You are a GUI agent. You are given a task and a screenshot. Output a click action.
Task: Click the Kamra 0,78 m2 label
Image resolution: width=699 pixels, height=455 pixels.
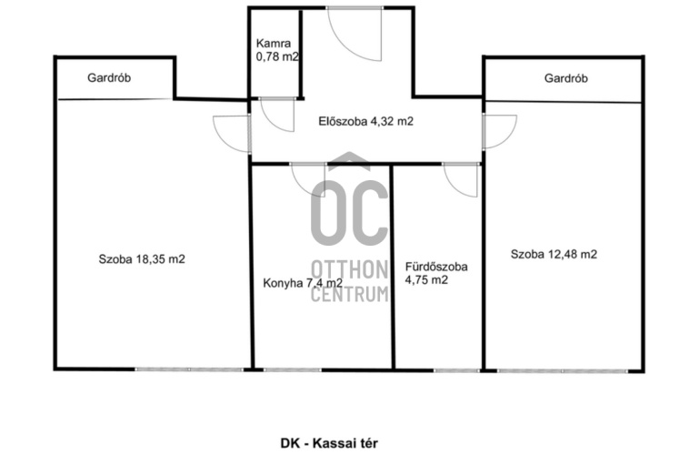tap(277, 50)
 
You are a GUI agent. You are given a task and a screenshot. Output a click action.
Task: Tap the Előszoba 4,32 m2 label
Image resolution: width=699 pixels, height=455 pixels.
tap(366, 121)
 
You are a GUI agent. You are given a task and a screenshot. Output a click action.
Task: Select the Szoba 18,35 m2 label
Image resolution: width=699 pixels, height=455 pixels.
tap(142, 259)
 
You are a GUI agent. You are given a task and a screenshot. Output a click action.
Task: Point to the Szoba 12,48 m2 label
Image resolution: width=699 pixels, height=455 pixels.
tap(554, 254)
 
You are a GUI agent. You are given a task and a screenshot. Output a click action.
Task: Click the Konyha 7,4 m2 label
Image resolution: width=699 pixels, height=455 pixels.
tap(303, 283)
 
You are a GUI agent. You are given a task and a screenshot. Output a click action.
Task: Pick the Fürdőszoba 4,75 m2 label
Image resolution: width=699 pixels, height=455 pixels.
tap(436, 273)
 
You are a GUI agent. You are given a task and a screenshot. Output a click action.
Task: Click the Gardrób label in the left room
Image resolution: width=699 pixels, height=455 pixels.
tap(109, 78)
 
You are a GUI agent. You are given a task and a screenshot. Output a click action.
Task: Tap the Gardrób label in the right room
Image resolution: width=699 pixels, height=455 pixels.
tap(566, 78)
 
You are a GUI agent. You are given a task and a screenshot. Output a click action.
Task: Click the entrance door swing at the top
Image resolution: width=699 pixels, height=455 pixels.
tap(354, 34)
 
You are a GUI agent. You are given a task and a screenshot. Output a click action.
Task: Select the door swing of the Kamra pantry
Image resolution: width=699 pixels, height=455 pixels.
tap(277, 115)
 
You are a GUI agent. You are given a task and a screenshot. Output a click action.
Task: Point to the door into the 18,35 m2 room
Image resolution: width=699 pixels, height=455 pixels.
tap(232, 134)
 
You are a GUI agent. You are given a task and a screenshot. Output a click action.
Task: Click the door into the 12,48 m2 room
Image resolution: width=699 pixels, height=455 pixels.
tap(500, 132)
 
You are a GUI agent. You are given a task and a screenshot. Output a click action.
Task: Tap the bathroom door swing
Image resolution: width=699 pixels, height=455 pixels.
tap(461, 180)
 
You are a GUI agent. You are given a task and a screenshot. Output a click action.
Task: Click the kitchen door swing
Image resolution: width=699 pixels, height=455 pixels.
tap(308, 180)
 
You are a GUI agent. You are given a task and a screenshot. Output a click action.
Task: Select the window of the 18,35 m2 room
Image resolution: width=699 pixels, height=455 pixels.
tap(189, 369)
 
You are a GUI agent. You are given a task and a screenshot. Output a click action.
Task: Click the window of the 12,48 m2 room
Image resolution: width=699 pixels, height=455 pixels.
tap(563, 370)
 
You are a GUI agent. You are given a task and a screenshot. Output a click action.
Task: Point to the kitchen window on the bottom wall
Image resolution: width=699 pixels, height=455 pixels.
tap(292, 369)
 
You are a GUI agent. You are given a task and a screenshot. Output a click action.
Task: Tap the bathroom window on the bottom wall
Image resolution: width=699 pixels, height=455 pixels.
tap(456, 370)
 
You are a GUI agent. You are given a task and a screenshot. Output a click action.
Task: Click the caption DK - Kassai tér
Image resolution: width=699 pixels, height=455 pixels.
tap(329, 443)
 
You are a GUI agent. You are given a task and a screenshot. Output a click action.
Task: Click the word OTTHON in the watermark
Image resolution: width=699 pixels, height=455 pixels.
tap(349, 270)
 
